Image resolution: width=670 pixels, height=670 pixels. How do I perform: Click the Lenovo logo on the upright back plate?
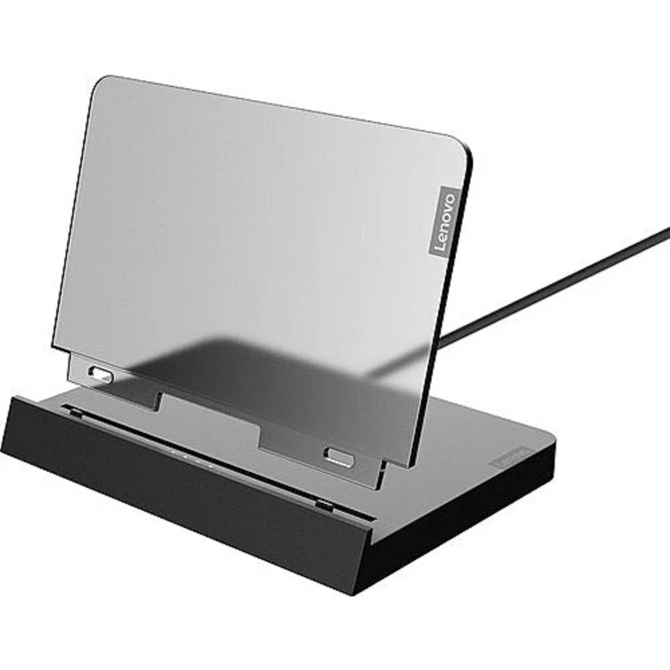444,221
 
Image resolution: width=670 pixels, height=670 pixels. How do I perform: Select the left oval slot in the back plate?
102,375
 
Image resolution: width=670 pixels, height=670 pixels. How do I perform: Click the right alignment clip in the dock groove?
322,503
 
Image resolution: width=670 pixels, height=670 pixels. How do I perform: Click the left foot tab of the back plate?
112,380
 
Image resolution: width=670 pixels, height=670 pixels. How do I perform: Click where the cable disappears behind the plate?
442,341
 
